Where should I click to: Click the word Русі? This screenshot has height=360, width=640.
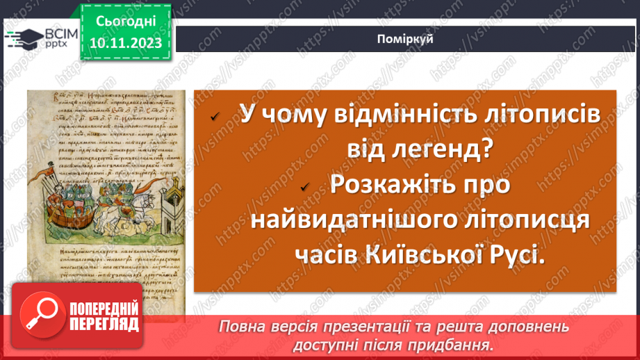point(514,256)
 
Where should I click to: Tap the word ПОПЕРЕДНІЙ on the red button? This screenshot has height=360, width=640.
point(104,308)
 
